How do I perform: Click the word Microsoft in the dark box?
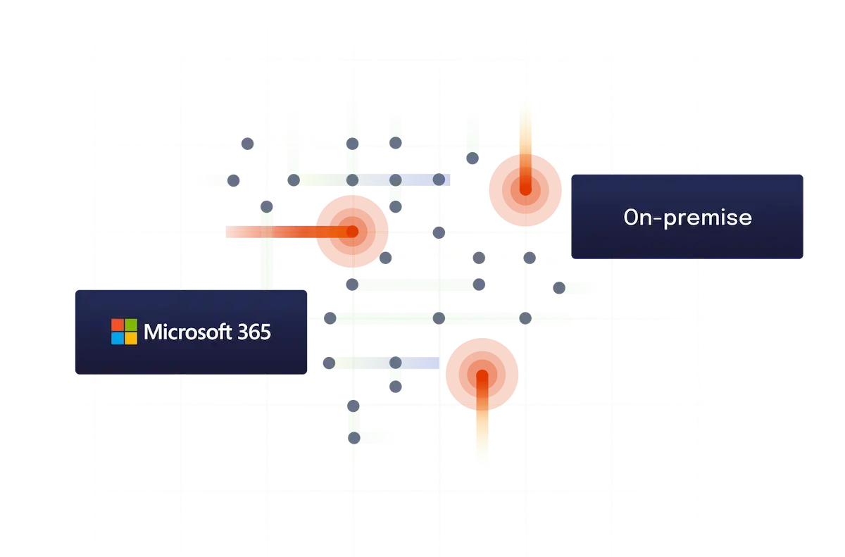[x=185, y=332]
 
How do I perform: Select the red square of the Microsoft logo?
[x=117, y=325]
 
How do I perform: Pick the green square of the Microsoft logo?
[x=130, y=325]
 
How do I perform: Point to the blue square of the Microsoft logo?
[x=117, y=338]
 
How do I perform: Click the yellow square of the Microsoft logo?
[x=130, y=338]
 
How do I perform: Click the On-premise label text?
[x=687, y=218]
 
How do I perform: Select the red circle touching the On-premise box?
[x=525, y=189]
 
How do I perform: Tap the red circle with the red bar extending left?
[x=352, y=231]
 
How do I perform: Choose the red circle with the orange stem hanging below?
[x=482, y=373]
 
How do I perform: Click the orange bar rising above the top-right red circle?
[x=525, y=127]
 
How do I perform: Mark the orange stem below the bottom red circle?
[x=482, y=437]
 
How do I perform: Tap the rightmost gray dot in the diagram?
[x=558, y=287]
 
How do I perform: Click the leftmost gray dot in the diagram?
[x=234, y=181]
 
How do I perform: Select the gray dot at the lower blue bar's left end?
[x=329, y=363]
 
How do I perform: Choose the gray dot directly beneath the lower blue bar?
[x=396, y=387]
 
